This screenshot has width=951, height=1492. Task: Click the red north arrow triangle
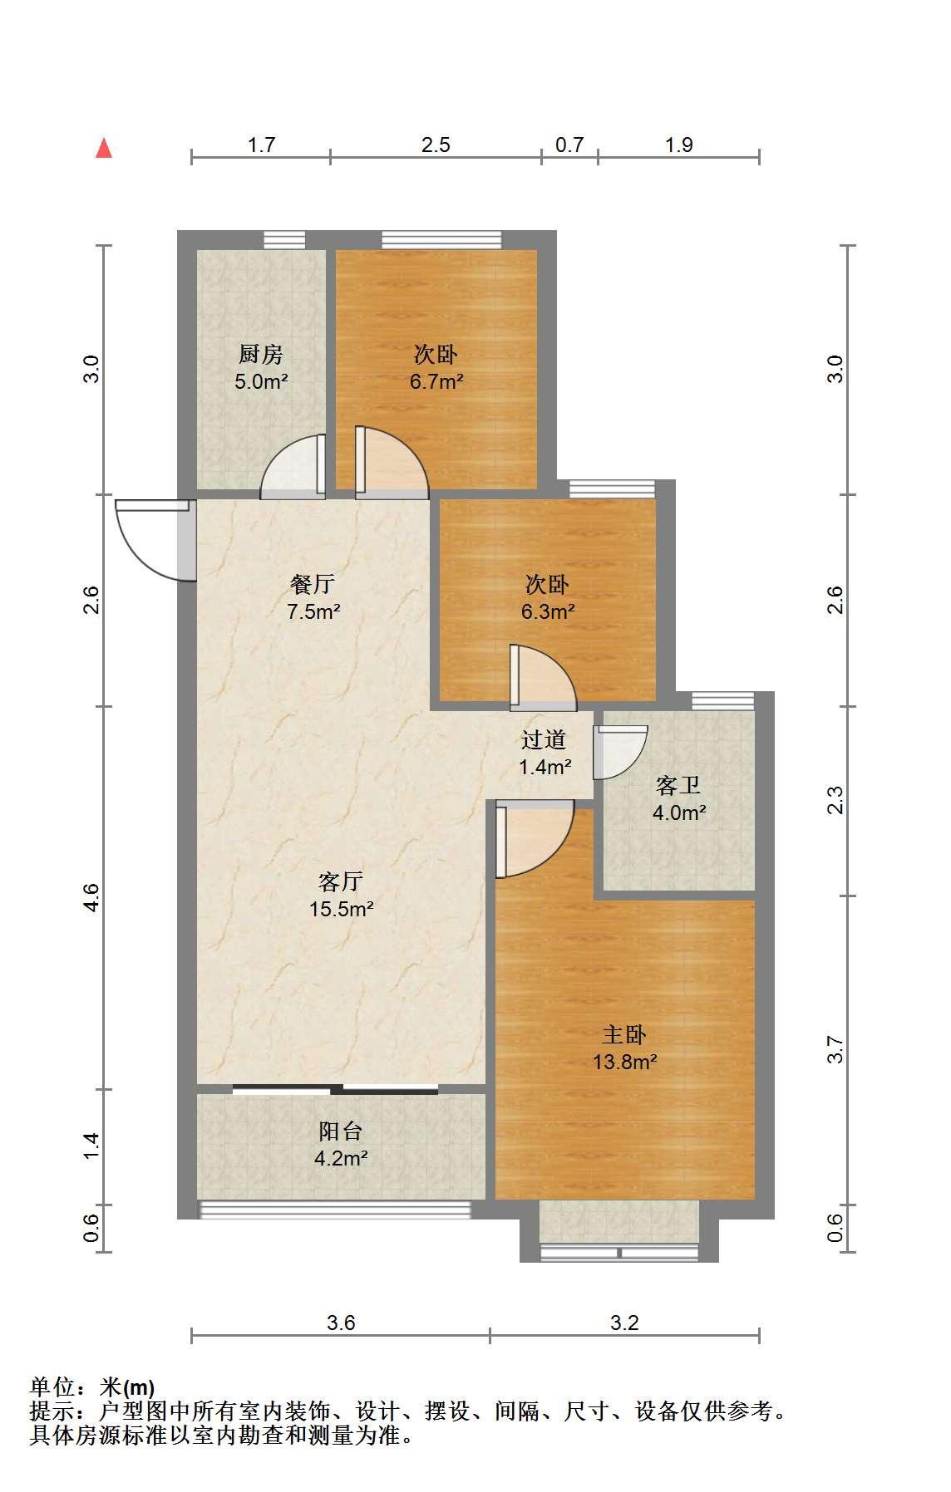[x=104, y=148]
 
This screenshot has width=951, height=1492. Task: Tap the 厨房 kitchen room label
[x=261, y=355]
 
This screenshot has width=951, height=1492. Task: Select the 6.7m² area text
[x=436, y=382]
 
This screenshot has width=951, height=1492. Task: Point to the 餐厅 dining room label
[x=313, y=584]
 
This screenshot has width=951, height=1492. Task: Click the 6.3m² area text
[x=547, y=612]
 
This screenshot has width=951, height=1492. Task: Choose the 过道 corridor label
[x=544, y=739]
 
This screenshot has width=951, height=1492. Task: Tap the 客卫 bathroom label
[x=678, y=785]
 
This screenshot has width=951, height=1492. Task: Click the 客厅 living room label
[x=341, y=881]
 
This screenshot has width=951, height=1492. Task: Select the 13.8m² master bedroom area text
[x=625, y=1062]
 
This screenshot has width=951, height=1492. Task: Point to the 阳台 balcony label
[x=341, y=1131]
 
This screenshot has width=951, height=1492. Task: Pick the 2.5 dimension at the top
[x=436, y=145]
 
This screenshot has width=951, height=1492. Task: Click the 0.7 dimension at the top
[x=569, y=145]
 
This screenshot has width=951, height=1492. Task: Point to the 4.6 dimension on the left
[x=91, y=897]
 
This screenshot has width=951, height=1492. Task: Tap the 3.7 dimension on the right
[x=835, y=1050]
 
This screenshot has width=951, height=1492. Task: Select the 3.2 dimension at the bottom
[x=624, y=1323]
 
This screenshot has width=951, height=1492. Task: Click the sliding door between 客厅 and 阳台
[x=335, y=1089]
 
